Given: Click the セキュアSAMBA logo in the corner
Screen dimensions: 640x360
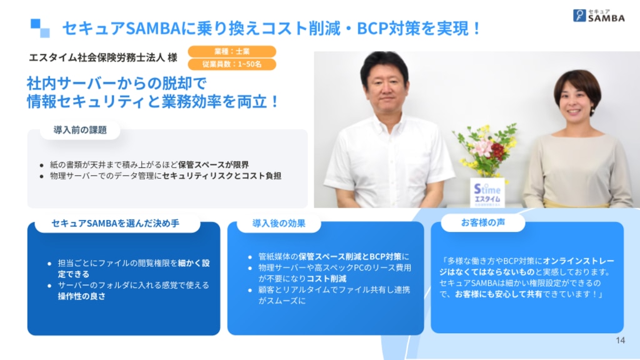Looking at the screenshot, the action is [599, 16].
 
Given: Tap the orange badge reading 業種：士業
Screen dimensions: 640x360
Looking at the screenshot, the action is [232, 51].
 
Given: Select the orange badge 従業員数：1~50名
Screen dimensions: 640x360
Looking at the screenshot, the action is [232, 64].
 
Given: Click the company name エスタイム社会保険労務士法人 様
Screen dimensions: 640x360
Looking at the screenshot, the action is [103, 57].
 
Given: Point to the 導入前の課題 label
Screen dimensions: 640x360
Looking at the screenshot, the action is [80, 130].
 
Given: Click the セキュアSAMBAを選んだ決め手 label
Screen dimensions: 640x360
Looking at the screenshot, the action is [116, 223].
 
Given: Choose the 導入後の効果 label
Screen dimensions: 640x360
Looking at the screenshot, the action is [279, 223].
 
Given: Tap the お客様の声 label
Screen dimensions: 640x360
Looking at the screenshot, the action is [483, 222].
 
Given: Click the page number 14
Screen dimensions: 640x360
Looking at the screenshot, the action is [620, 341].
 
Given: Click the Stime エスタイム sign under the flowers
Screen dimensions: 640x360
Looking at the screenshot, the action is [487, 193].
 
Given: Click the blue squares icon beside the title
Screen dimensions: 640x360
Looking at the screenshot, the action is [40, 28].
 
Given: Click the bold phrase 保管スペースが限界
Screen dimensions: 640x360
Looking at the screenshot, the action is [214, 164].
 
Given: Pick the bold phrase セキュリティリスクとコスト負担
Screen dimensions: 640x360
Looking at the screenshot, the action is [222, 176].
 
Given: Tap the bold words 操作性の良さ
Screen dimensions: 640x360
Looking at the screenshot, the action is [82, 296].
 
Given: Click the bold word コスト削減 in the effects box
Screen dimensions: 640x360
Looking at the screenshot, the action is [326, 278].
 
